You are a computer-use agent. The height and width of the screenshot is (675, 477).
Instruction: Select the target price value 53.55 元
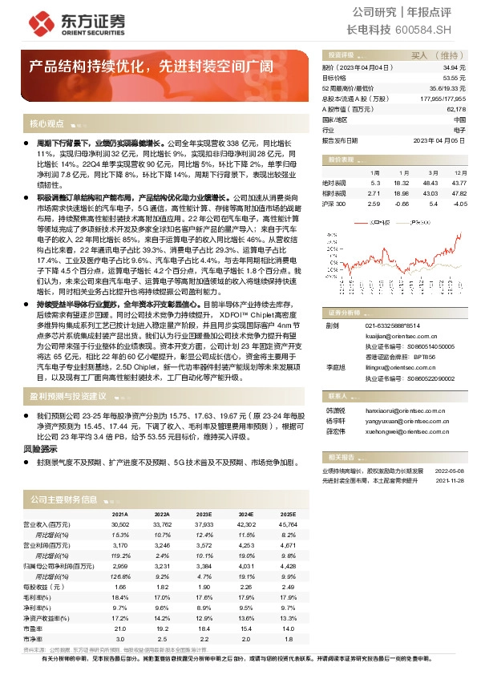point(453,79)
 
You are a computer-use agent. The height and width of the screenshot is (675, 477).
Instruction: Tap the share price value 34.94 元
point(453,69)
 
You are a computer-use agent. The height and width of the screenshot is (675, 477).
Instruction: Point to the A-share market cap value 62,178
point(455,109)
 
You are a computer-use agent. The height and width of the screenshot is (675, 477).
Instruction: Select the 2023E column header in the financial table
point(204,514)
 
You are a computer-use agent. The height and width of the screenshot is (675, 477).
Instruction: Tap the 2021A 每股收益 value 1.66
point(121,585)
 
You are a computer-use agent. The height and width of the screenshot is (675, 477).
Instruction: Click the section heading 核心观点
point(46,124)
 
